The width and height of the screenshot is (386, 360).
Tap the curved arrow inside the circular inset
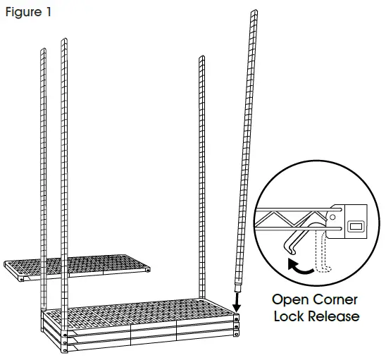coord(299,267)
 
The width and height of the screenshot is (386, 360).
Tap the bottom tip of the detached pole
coord(237,289)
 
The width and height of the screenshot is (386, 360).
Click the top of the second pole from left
coord(64,41)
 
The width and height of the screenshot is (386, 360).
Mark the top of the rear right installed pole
coord(201,58)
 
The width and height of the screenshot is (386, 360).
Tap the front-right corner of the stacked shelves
coord(236,331)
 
